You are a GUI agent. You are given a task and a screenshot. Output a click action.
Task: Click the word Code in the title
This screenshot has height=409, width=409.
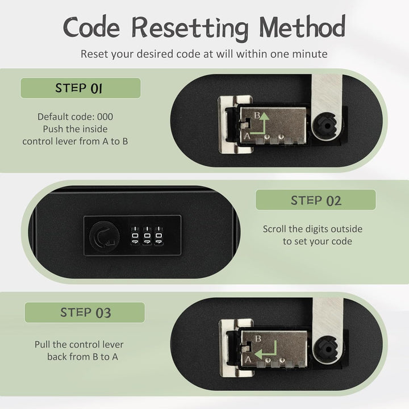(91, 27)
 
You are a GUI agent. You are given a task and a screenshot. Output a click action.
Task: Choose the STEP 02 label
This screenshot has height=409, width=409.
(316, 200)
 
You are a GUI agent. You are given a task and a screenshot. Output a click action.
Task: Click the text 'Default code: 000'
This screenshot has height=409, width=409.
(75, 116)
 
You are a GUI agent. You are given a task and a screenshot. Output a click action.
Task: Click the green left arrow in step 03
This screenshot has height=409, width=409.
(266, 352)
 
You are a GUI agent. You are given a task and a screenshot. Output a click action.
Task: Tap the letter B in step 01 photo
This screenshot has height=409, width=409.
(257, 115)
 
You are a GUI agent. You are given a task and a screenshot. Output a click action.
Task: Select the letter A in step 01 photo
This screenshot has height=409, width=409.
(247, 136)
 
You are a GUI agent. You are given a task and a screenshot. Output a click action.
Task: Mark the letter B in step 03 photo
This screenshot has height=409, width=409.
(258, 339)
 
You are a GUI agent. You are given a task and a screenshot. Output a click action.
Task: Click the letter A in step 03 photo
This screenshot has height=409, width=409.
(248, 360)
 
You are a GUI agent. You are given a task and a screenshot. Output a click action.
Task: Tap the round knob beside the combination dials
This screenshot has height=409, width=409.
(105, 236)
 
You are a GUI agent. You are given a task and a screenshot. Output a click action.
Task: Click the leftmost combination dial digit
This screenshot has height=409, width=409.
(135, 236)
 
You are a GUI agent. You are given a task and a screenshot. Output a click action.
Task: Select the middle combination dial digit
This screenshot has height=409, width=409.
(147, 236)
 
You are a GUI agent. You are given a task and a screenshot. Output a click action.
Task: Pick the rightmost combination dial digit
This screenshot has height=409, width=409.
(159, 236)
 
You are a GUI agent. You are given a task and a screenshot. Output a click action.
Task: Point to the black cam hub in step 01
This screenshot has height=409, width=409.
(326, 127)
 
